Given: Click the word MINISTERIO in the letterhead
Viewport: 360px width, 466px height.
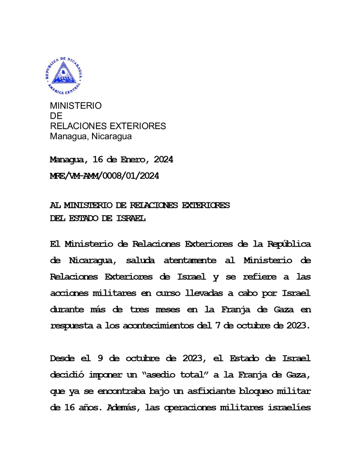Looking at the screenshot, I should point(75,106).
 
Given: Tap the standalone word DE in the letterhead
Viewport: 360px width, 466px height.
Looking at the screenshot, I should point(56,116).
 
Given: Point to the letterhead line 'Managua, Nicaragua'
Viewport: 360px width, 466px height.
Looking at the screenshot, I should point(91,137).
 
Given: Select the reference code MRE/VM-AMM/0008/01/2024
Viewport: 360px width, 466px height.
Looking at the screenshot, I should point(104,176).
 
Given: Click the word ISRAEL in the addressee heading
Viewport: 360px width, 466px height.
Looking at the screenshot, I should point(130,218).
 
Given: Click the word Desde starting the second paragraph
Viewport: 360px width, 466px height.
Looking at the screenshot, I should point(64,359).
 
